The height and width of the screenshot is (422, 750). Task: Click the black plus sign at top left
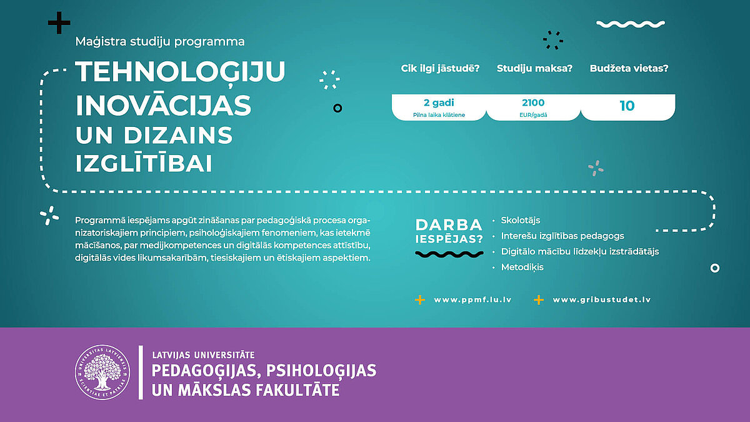click(59, 23)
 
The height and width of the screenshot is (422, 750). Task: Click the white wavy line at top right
click(631, 24)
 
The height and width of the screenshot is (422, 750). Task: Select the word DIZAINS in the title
click(177, 135)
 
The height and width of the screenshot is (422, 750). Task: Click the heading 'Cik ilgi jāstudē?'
click(440, 69)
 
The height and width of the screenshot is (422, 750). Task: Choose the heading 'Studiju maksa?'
click(534, 68)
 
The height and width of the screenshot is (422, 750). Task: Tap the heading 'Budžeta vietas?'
click(629, 68)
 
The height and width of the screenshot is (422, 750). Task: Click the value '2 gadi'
click(439, 103)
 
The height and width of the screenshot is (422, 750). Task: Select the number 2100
click(533, 103)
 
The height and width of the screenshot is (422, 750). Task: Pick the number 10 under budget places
click(627, 106)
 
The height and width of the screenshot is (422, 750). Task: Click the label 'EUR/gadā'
click(533, 115)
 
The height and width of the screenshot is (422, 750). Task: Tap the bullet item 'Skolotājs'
click(520, 220)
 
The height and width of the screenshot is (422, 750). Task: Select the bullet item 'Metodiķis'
click(522, 268)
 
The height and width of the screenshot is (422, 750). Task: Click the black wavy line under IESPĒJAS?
click(449, 254)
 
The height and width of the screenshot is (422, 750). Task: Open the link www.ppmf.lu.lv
click(472, 299)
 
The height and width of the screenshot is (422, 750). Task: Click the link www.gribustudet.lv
click(602, 299)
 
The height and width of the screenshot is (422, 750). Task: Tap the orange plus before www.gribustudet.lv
click(539, 299)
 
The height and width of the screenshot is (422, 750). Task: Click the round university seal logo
click(102, 372)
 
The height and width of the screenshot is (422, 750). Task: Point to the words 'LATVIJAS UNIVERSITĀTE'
click(203, 354)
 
